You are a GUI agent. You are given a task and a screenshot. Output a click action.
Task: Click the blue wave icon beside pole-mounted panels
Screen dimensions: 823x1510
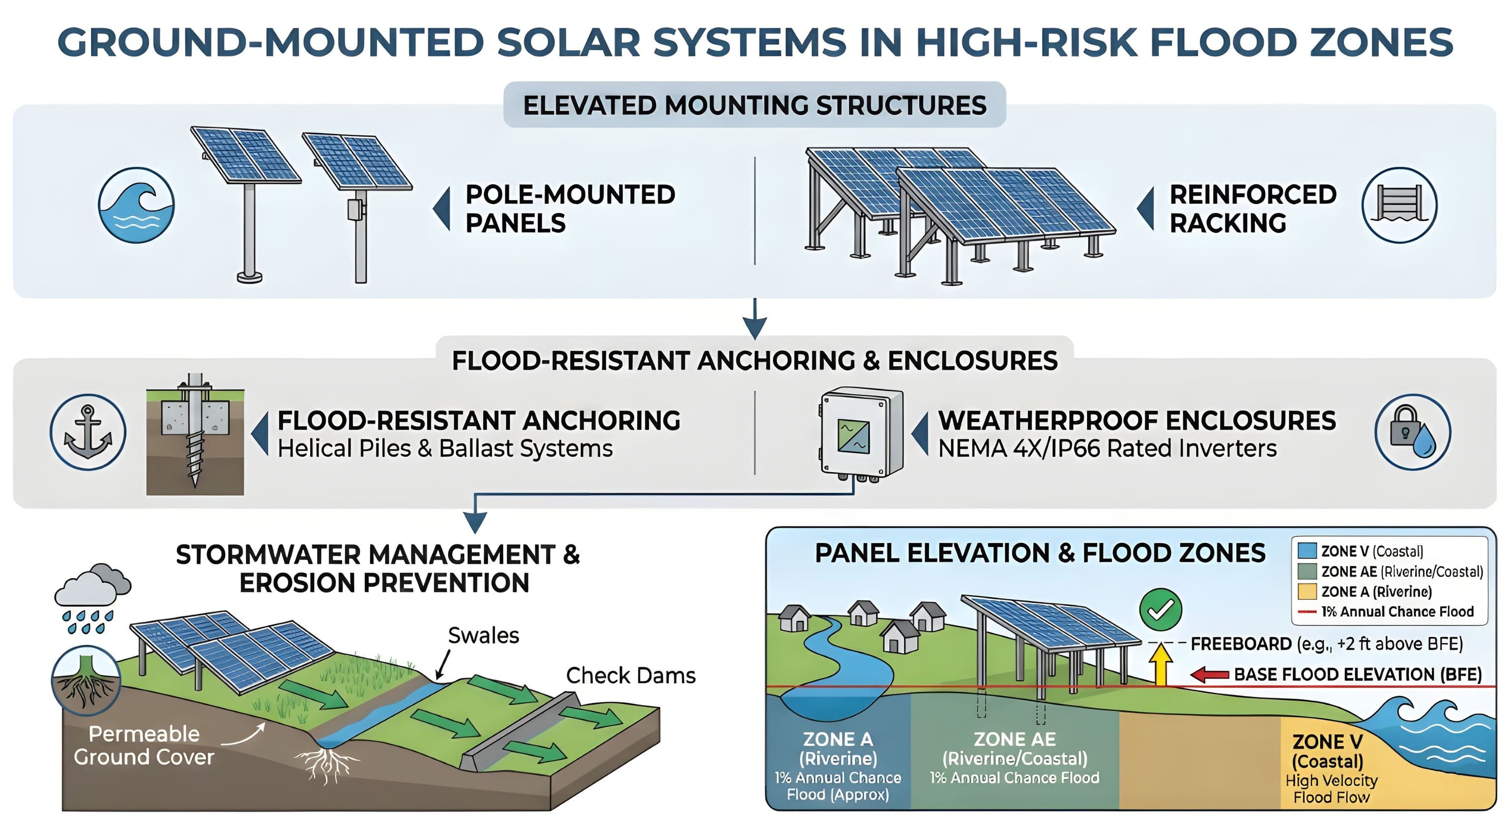click(136, 205)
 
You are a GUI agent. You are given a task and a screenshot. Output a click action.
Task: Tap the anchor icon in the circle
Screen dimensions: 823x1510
click(88, 432)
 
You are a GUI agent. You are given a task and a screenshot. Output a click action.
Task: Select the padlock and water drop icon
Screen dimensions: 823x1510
click(1413, 432)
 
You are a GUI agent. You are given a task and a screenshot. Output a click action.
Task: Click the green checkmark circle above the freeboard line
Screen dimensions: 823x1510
click(1160, 610)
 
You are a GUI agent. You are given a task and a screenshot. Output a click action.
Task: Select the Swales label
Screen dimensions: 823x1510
click(483, 635)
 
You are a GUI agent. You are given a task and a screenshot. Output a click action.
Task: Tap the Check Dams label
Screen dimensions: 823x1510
click(630, 676)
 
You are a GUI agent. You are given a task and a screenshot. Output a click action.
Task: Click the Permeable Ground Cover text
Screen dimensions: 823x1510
click(144, 745)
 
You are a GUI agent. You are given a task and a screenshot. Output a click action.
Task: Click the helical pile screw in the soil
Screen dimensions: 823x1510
click(194, 457)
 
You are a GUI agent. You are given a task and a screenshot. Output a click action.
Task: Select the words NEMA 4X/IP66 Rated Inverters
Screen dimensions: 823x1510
click(1107, 448)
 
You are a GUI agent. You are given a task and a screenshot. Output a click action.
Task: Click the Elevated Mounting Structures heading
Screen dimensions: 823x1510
click(755, 106)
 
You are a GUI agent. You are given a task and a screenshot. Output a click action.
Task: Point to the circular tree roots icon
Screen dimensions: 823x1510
click(86, 680)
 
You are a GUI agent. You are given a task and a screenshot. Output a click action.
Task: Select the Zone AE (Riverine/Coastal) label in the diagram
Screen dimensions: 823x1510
click(1014, 749)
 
